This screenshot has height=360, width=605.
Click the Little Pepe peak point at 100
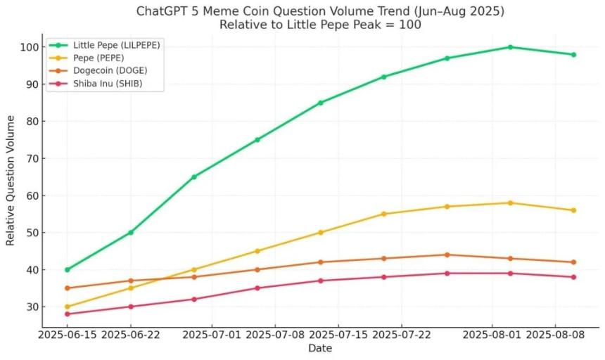510,47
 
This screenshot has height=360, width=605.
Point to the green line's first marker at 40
68,269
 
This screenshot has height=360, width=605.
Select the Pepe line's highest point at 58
510,202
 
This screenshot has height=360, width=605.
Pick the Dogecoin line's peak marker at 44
447,255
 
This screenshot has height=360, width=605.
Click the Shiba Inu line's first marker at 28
68,314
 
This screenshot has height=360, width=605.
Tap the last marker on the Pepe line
573,210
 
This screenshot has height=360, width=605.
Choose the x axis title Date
320,348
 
